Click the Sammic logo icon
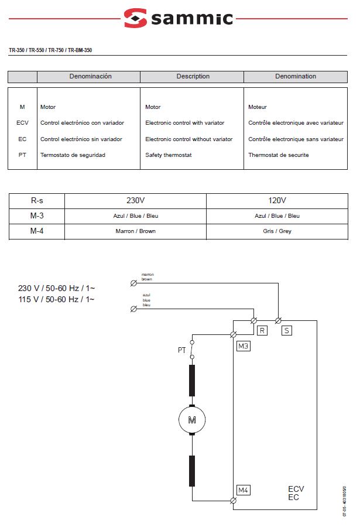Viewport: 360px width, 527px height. click(x=135, y=18)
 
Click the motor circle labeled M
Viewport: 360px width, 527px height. click(x=192, y=419)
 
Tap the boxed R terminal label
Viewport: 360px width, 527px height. click(x=262, y=331)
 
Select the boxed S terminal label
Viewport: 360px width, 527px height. click(x=287, y=331)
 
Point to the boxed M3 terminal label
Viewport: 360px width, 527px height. click(x=244, y=346)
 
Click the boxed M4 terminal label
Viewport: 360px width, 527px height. click(x=244, y=490)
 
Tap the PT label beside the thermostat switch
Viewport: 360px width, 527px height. click(x=182, y=350)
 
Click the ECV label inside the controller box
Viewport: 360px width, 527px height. click(x=296, y=489)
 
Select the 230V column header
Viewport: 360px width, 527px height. click(x=135, y=200)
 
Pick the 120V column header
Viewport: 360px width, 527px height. click(x=277, y=200)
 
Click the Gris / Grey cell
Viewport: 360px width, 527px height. click(x=277, y=231)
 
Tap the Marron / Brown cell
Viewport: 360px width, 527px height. click(x=135, y=231)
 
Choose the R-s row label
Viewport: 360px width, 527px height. click(x=37, y=200)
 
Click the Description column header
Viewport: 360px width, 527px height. click(x=193, y=77)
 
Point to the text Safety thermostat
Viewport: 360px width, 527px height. click(x=169, y=155)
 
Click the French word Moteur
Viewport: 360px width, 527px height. click(x=258, y=107)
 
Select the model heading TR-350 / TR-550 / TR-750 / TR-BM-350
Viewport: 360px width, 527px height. click(x=50, y=50)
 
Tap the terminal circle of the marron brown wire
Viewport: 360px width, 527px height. click(x=133, y=283)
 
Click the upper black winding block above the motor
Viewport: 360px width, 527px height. click(x=192, y=381)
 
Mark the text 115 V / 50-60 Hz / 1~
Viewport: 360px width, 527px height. click(x=56, y=299)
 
